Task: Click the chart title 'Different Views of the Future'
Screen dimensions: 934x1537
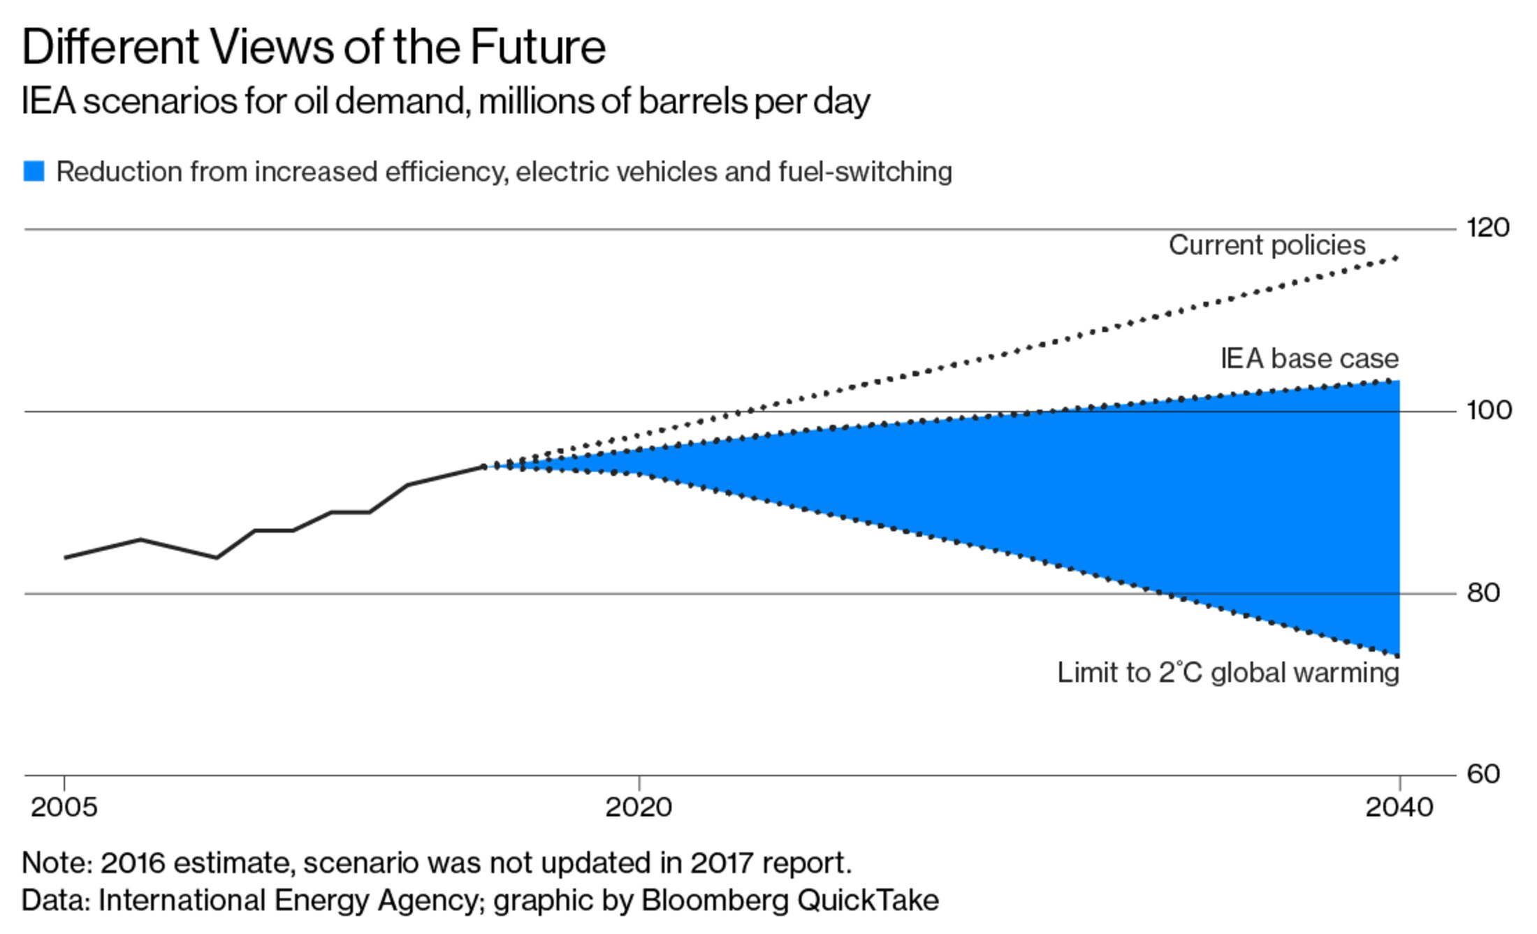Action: click(314, 48)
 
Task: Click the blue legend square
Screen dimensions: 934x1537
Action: click(34, 171)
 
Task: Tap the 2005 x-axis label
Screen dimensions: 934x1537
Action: click(64, 808)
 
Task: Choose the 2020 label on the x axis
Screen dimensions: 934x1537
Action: click(639, 808)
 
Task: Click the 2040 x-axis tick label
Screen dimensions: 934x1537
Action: click(1399, 808)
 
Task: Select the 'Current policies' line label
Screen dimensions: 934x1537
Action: click(1267, 245)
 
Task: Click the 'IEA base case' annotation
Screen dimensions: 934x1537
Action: click(1309, 358)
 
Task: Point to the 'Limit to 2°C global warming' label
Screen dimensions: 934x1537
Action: click(1228, 673)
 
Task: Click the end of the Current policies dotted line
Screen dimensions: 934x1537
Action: click(1397, 258)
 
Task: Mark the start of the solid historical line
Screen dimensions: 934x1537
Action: click(65, 557)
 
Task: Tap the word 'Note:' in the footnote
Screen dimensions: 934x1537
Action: click(57, 863)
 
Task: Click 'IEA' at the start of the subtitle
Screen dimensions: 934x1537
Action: click(48, 102)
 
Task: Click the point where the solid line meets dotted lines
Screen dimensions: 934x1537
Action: click(484, 467)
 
